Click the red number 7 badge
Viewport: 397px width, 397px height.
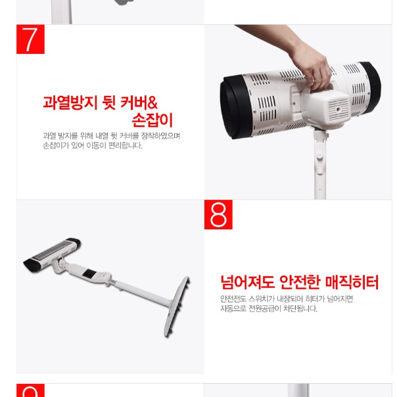(x=30, y=39)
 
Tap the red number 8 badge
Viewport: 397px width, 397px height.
(x=218, y=215)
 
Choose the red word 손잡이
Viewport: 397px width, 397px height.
(x=152, y=121)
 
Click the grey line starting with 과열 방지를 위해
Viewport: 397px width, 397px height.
(x=111, y=136)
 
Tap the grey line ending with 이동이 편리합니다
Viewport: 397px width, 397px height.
(x=92, y=146)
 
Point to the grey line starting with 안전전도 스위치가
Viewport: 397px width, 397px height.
(x=287, y=299)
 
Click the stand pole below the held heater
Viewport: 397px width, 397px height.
(x=321, y=164)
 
